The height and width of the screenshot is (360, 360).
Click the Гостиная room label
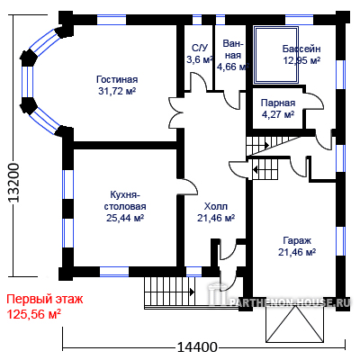[x=117, y=79]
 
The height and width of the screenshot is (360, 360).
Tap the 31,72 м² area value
[x=117, y=91]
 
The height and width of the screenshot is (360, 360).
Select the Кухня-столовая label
[x=125, y=201]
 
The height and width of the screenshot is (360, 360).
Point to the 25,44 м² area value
[x=125, y=218]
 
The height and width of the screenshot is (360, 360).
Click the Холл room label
[x=216, y=206]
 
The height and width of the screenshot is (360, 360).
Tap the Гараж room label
[x=297, y=240]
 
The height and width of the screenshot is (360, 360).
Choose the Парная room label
[x=278, y=103]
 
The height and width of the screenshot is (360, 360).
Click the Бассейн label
[x=301, y=49]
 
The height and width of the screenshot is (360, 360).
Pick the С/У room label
[x=200, y=48]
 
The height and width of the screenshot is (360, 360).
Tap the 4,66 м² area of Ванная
[x=232, y=67]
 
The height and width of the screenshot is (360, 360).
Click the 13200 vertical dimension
[x=13, y=183]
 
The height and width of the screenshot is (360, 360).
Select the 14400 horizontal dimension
[x=197, y=347]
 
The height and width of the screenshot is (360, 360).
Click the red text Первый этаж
[x=45, y=300]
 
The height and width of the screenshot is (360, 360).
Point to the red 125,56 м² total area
[x=34, y=314]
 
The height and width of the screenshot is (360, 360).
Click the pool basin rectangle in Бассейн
[x=276, y=56]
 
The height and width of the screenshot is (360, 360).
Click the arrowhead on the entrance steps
[x=192, y=292]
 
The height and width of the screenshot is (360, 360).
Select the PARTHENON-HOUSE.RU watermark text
[x=290, y=301]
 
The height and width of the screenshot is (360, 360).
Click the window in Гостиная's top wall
[x=112, y=20]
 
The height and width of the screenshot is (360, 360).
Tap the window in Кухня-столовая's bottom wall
[x=114, y=272]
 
